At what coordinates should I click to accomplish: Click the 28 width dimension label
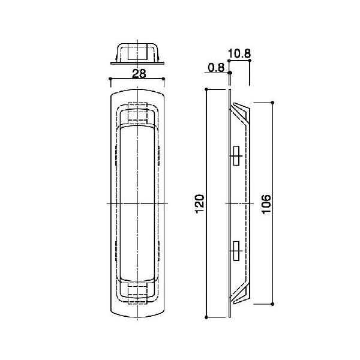click(139, 74)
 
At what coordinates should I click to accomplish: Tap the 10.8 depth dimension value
click(239, 54)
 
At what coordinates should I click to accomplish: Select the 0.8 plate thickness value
click(216, 68)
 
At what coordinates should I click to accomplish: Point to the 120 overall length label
click(200, 204)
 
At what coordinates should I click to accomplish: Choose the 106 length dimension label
click(266, 204)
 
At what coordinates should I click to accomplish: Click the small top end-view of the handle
click(137, 53)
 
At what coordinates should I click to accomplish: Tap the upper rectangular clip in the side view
click(236, 155)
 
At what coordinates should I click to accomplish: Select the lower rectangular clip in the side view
click(236, 251)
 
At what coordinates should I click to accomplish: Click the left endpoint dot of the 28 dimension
click(110, 79)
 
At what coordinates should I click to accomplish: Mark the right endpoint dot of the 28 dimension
click(163, 79)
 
